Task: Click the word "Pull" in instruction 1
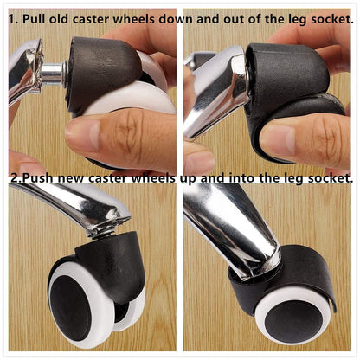(34, 19)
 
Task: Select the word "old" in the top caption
(58, 19)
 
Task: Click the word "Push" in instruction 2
(38, 178)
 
